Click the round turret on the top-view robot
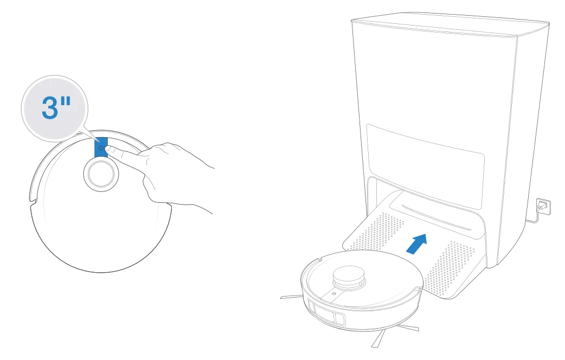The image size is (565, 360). point(99,175)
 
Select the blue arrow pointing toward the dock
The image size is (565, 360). point(416,243)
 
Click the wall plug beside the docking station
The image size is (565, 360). point(541,206)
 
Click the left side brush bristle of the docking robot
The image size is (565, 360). point(291,297)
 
